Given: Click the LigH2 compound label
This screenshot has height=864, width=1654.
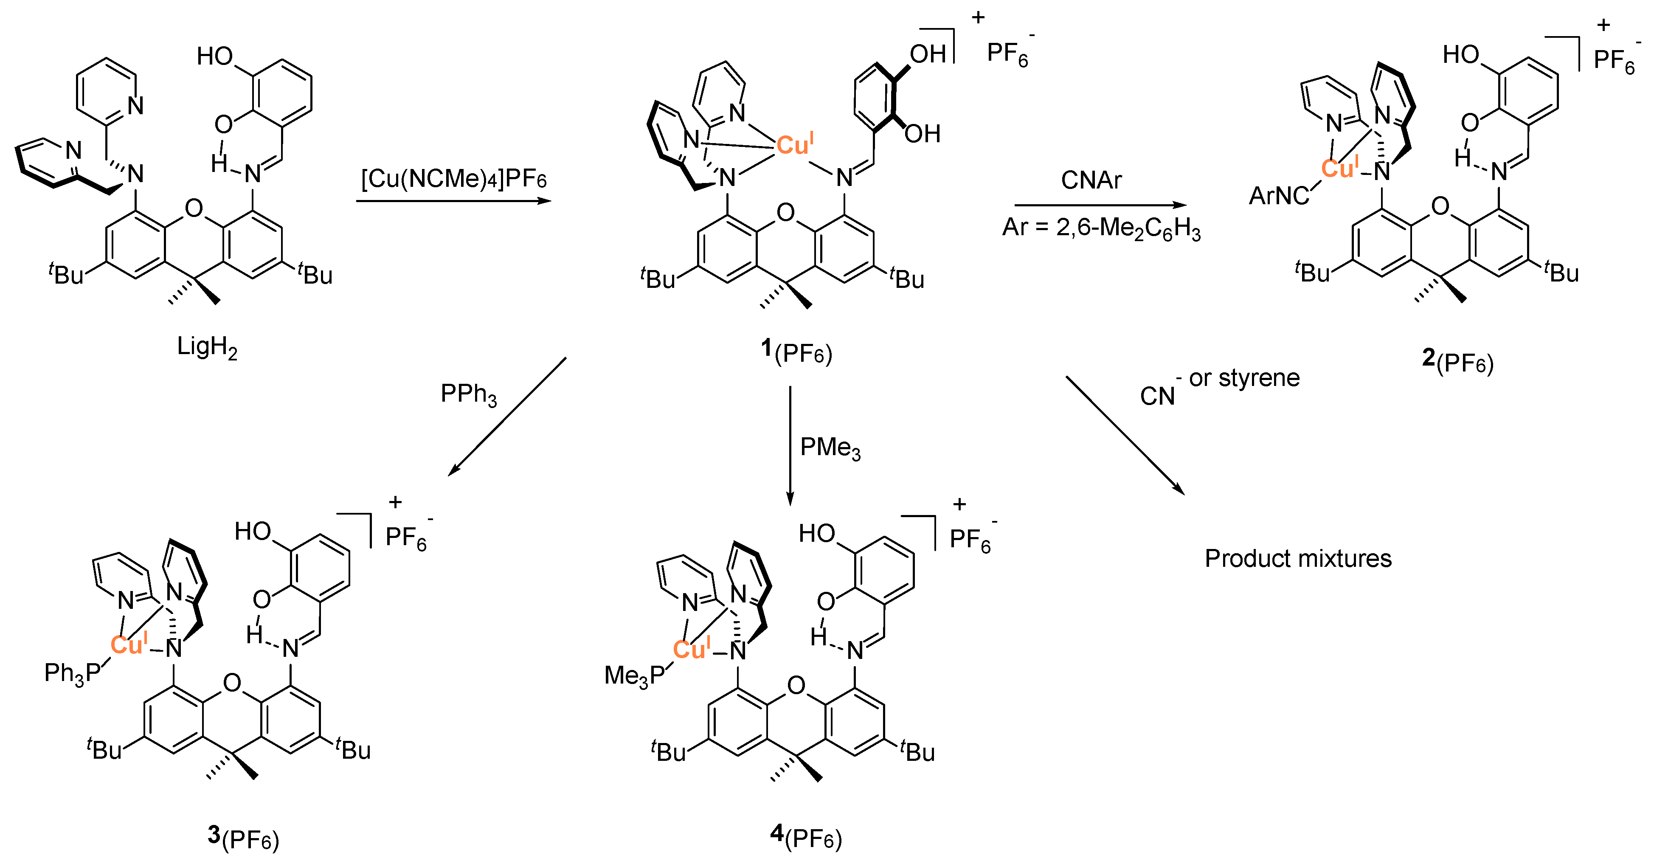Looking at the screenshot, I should (x=207, y=347).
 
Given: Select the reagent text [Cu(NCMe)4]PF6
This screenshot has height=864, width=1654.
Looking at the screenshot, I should (x=453, y=178).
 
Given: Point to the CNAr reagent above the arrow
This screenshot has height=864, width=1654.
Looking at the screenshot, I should (x=1091, y=180).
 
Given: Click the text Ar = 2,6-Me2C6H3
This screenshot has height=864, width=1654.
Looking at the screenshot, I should (x=1101, y=228).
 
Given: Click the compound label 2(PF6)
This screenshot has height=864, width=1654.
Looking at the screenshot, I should (x=1457, y=361).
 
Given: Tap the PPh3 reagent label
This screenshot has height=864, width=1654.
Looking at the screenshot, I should (x=468, y=394).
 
